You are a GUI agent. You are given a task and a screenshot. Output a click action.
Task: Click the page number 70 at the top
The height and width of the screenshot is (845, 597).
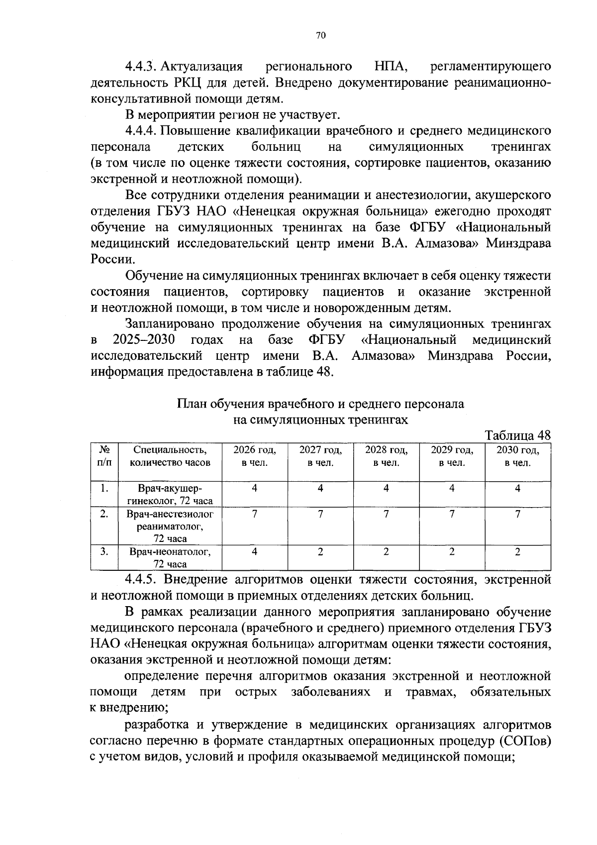320,35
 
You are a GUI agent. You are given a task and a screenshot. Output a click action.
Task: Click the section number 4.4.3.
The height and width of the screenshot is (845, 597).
141,66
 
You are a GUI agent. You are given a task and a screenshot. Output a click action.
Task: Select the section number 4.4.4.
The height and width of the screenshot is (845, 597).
141,131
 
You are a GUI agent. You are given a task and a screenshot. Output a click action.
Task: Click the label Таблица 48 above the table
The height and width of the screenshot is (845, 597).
517,435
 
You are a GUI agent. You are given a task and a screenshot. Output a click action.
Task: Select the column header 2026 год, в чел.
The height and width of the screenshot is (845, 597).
255,456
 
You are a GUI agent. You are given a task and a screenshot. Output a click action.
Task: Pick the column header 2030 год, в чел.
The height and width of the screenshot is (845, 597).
517,456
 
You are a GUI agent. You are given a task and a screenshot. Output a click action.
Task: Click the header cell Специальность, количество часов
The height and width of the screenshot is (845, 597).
170,456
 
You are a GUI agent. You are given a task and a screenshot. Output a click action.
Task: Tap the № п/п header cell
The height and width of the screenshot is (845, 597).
104,456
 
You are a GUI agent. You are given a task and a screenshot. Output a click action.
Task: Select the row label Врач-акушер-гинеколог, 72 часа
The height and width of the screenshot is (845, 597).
170,494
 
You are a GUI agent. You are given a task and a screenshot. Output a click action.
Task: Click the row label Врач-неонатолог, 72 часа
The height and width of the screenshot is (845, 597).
170,557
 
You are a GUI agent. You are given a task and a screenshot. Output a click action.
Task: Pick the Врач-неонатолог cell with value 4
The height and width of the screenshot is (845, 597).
255,551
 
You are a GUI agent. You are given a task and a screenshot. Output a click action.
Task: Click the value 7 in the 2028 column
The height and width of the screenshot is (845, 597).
386,514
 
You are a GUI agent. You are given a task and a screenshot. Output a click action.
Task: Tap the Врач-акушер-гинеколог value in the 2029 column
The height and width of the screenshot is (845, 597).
452,488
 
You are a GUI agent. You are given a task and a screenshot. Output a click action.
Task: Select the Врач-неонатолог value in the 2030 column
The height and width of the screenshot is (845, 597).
517,551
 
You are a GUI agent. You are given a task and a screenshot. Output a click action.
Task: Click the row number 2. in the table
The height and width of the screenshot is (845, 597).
104,514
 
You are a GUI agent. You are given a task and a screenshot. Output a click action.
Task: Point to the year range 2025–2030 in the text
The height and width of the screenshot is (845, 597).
144,340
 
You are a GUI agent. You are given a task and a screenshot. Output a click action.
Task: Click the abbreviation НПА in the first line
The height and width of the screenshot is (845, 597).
391,66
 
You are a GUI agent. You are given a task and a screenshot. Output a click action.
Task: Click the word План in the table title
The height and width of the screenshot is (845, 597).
192,404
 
